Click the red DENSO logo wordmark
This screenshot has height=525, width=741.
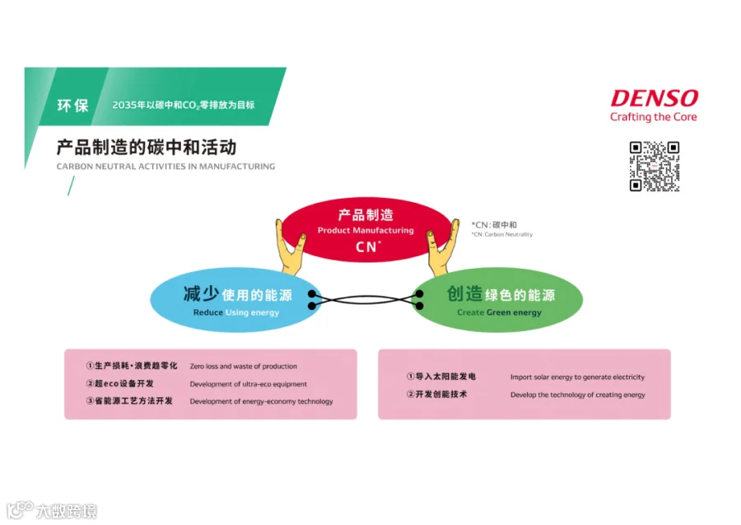(654, 98)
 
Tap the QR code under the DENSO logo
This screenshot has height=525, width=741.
(655, 166)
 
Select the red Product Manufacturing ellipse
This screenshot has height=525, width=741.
(367, 229)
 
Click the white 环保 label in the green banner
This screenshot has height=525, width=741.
(72, 105)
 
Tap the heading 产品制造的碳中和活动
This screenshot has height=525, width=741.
(147, 148)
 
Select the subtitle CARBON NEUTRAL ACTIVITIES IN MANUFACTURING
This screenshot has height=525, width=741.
(165, 166)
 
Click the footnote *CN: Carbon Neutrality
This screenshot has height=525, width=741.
(501, 234)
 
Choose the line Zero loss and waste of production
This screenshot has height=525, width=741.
(243, 366)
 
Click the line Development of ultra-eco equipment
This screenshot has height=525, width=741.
(248, 384)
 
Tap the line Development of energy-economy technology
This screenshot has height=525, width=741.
(261, 401)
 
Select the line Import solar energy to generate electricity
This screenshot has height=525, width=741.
(577, 377)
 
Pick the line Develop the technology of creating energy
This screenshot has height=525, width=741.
(577, 395)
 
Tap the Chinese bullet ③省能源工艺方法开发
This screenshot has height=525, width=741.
(129, 401)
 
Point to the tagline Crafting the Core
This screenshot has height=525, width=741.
(653, 117)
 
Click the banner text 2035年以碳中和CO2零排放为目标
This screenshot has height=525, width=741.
(183, 105)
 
